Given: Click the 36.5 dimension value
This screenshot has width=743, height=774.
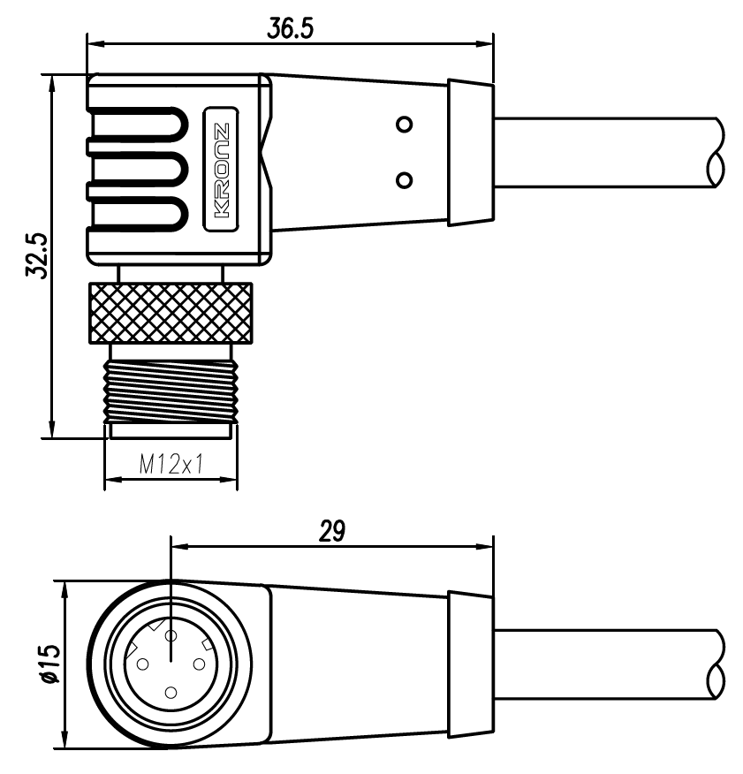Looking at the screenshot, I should (x=291, y=28).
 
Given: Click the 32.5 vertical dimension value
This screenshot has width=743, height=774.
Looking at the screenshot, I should (x=35, y=256).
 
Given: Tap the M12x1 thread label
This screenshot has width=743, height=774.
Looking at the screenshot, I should (x=171, y=464).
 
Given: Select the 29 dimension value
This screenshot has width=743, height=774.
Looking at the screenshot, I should (x=331, y=532).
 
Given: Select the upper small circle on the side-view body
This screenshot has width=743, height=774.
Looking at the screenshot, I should (x=405, y=124).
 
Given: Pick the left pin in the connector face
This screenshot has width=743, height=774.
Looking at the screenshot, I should (x=141, y=664).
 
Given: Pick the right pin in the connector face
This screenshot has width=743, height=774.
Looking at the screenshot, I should (x=200, y=664).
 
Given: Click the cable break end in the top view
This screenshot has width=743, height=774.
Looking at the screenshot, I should (x=716, y=152).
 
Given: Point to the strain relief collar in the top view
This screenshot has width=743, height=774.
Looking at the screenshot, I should (x=470, y=152).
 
